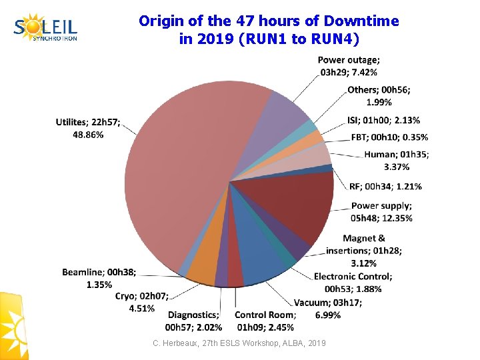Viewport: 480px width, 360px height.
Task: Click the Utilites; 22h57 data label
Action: (89, 128)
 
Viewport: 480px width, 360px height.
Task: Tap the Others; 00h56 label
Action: (379, 96)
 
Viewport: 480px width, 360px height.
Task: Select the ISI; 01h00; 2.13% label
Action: (383, 120)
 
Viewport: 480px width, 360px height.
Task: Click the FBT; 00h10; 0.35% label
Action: (389, 137)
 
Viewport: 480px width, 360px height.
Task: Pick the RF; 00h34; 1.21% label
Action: (385, 186)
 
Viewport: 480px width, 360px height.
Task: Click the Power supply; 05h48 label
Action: (381, 212)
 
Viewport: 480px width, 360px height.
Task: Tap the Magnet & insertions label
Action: (364, 250)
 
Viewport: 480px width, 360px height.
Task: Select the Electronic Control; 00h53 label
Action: (353, 282)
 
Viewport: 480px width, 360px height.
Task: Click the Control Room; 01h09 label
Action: (265, 321)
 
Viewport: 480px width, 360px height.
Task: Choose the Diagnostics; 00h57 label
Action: (193, 321)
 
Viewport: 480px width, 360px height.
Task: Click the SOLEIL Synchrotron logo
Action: (45, 28)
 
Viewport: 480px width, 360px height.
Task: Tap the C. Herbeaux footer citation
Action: (239, 343)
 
